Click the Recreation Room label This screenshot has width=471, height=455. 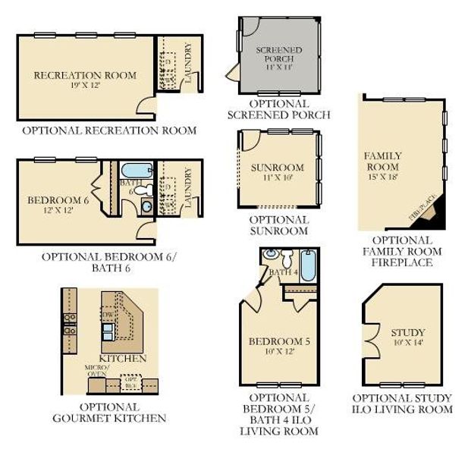85,74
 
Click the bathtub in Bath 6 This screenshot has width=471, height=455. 138,170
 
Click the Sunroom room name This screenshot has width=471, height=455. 277,168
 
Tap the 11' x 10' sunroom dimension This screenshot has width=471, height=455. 277,178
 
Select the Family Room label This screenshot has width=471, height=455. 383,161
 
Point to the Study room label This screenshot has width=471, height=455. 408,332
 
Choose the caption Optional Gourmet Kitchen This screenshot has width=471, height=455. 109,412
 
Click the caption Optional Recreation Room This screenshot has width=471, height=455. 109,130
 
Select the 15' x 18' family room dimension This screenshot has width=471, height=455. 383,177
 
